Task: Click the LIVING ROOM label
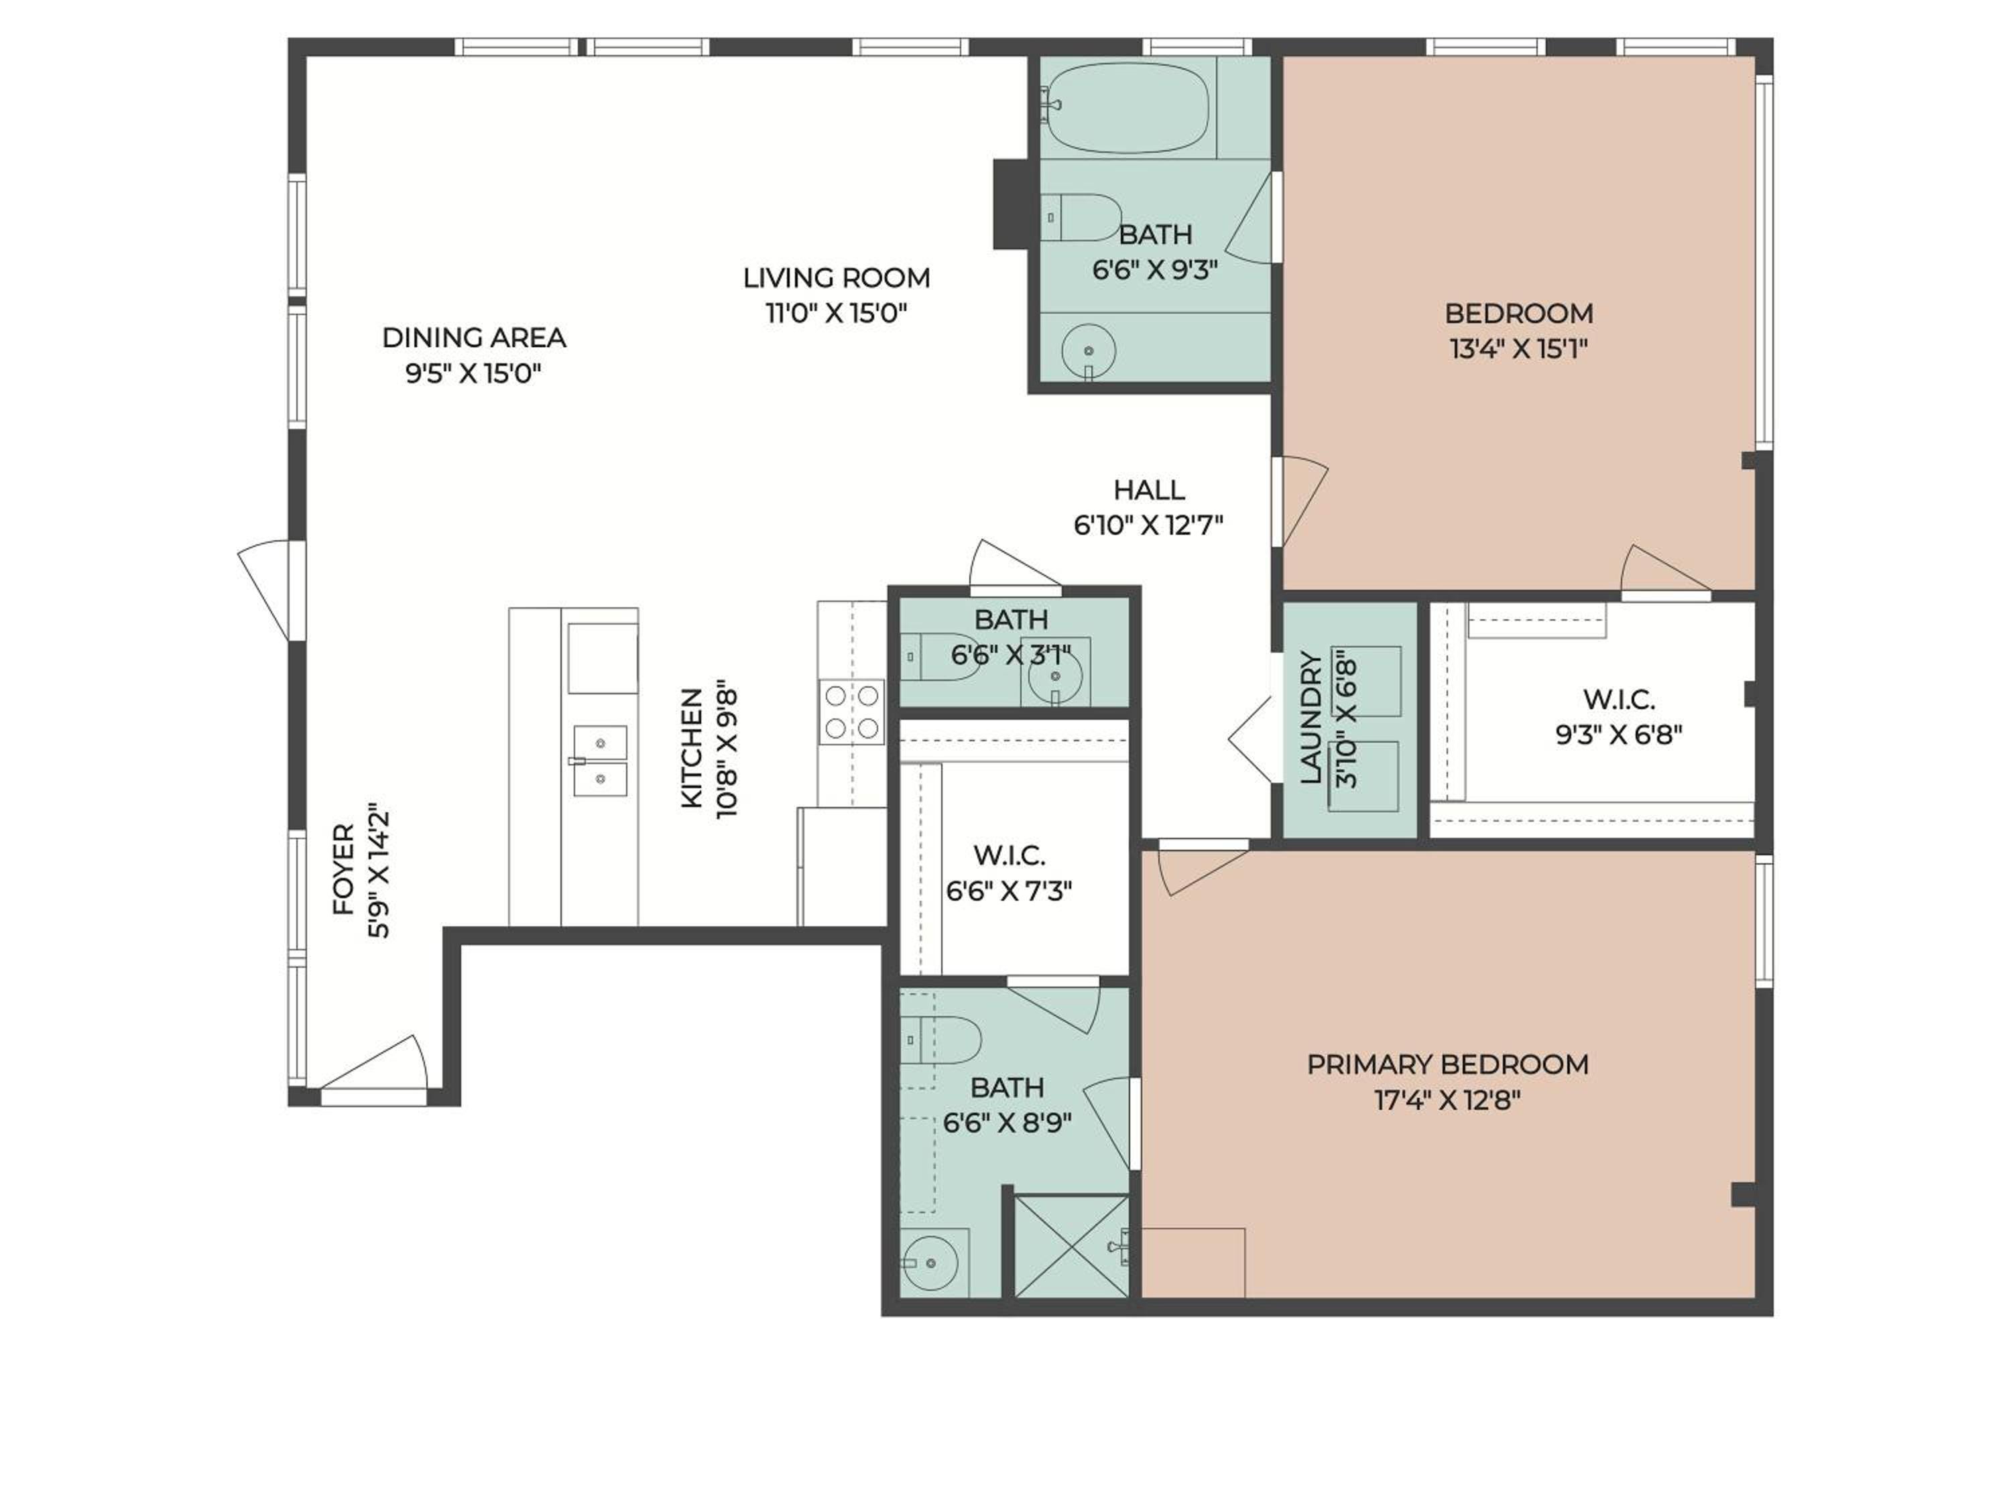click(x=837, y=277)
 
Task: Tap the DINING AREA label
click(x=474, y=337)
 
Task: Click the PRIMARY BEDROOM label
click(x=1447, y=1064)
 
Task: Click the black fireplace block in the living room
click(x=1011, y=204)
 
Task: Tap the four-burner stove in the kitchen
click(x=852, y=712)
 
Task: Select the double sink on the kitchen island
click(x=599, y=761)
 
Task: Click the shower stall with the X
click(x=1071, y=1246)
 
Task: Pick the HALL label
click(x=1149, y=490)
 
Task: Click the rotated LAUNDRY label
click(x=1310, y=718)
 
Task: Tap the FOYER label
click(x=344, y=870)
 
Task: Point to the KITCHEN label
click(x=692, y=748)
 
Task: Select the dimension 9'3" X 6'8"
click(x=1618, y=735)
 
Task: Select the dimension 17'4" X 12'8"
click(x=1447, y=1101)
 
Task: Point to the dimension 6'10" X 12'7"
click(x=1149, y=525)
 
